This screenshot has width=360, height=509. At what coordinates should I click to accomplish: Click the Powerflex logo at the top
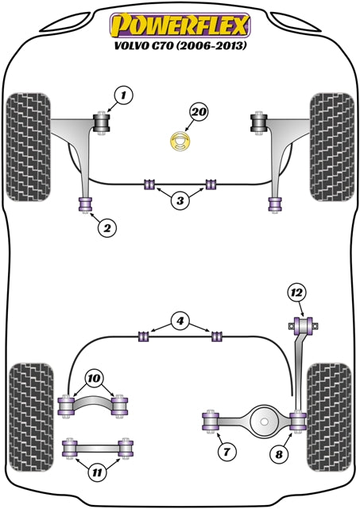coord(180,24)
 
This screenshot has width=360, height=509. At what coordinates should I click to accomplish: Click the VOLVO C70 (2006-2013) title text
coord(180,46)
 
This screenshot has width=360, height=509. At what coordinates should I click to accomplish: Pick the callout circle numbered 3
coord(180,201)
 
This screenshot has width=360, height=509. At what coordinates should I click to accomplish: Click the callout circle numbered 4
coord(180,322)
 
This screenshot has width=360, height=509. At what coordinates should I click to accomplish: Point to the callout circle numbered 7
coord(226,453)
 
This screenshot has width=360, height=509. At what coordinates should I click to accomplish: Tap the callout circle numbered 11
coord(96,473)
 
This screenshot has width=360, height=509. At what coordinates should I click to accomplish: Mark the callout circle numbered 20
coord(199,113)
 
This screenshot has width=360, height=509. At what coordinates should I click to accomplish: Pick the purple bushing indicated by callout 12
coord(303,325)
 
